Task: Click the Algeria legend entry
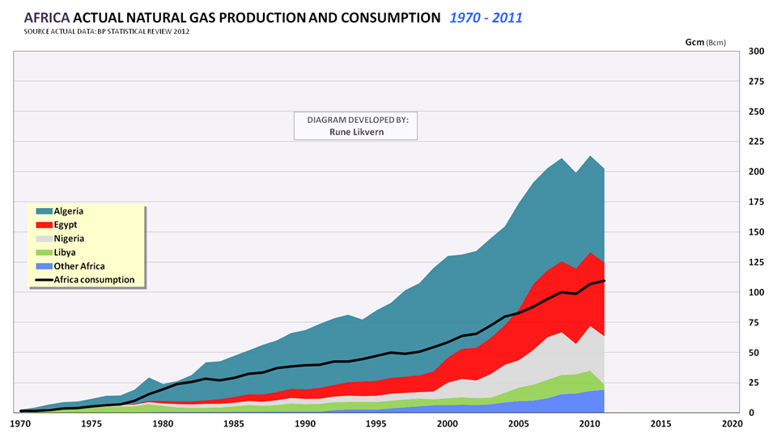(x=68, y=211)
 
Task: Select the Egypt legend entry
(x=66, y=225)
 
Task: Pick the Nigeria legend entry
(x=69, y=239)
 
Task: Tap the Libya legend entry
(x=66, y=252)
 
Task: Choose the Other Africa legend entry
(x=79, y=266)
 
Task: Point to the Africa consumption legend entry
(x=94, y=280)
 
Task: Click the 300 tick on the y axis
(x=756, y=51)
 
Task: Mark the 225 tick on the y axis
(x=756, y=142)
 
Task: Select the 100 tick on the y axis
(x=756, y=292)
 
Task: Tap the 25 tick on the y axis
(x=756, y=383)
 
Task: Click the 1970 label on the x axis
(x=20, y=423)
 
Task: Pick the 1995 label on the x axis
(x=376, y=423)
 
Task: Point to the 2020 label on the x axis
(x=731, y=423)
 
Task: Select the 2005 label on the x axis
(x=518, y=423)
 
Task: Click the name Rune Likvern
(x=358, y=131)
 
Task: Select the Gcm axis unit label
(x=693, y=41)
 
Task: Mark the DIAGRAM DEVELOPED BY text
(x=358, y=119)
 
